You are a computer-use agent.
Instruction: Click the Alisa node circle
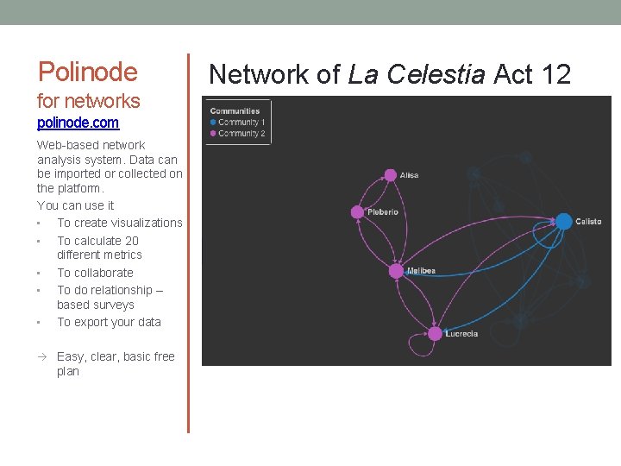coord(391,175)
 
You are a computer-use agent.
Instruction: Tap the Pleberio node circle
coord(358,211)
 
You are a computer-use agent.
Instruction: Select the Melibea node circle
coord(396,271)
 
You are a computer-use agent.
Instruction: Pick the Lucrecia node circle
coord(435,334)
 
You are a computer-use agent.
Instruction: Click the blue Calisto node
coord(563,221)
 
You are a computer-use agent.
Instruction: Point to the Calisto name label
coord(588,222)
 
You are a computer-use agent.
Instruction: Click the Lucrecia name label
coord(461,334)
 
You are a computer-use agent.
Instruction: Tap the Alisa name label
coord(409,175)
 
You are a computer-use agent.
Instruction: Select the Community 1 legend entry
coord(241,123)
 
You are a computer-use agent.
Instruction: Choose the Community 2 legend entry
coord(241,134)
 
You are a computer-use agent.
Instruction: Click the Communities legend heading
coord(235,110)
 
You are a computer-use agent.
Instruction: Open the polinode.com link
coord(78,123)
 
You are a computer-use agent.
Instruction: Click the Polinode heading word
coord(87,72)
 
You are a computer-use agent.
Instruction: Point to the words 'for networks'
coord(88,101)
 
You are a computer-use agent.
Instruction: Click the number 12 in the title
coord(556,75)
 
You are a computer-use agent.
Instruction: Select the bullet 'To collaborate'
coord(95,273)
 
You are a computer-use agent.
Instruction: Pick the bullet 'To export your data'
coord(109,322)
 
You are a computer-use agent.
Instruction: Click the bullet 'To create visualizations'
coord(120,223)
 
